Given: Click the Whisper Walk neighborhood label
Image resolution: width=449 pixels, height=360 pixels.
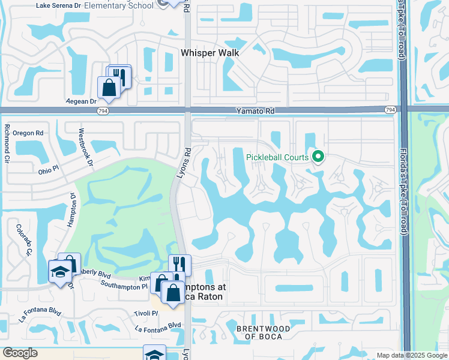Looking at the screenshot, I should (210, 53).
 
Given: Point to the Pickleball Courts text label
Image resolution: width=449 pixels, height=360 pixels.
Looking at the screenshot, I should (277, 158).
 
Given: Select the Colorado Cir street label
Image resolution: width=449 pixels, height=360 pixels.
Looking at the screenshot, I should (24, 239).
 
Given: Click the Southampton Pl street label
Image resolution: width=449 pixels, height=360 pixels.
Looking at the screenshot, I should (124, 286).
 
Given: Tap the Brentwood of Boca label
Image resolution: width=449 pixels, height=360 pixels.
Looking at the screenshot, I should (263, 332).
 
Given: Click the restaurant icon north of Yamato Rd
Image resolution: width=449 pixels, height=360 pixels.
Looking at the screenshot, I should (120, 75).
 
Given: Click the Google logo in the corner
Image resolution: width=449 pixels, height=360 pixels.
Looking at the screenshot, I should (20, 353).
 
